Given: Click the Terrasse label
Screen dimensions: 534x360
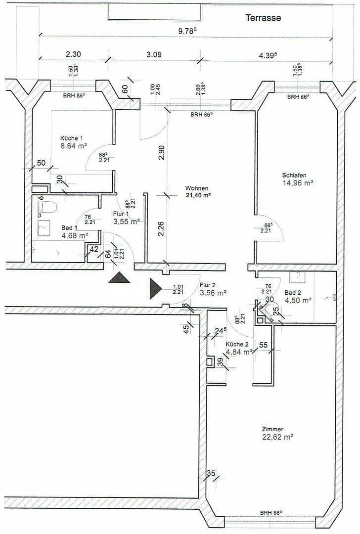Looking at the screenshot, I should click(x=263, y=18).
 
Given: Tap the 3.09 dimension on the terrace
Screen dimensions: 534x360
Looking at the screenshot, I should click(x=154, y=54).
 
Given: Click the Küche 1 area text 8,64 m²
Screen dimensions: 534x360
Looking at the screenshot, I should click(x=74, y=146).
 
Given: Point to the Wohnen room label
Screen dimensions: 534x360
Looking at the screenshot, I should click(x=197, y=188).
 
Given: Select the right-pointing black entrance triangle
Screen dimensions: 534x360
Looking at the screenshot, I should click(x=155, y=288).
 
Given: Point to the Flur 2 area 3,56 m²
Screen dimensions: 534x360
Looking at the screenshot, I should click(x=213, y=293).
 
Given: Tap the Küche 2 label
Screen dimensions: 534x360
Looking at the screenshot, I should click(x=236, y=344).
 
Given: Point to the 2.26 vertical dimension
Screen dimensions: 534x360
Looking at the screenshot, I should click(x=161, y=229).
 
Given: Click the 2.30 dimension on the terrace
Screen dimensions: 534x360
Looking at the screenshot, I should click(x=73, y=54).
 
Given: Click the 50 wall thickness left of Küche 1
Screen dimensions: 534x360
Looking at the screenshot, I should click(x=41, y=163).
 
